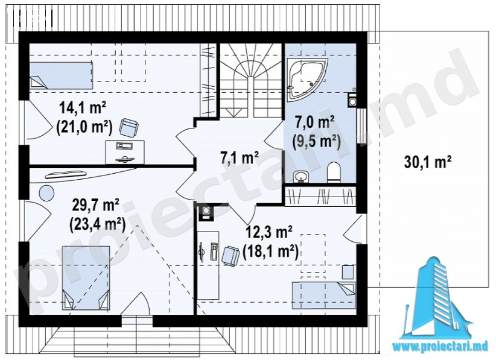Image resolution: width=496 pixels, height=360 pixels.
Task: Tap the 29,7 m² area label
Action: pyautogui.click(x=95, y=206)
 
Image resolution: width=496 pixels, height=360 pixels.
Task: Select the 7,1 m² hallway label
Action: pyautogui.click(x=240, y=158)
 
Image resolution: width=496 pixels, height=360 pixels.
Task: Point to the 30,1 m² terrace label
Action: pyautogui.click(x=427, y=163)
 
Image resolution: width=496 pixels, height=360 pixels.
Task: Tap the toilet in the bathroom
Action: pyautogui.click(x=334, y=172)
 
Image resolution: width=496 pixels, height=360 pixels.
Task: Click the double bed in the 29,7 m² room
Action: pyautogui.click(x=86, y=278)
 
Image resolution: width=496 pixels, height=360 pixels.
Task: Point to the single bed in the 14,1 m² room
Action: pyautogui.click(x=61, y=75)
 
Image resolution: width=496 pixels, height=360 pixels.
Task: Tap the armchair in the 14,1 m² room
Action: pyautogui.click(x=129, y=128)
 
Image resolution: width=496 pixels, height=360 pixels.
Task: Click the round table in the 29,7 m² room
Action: pyautogui.click(x=46, y=192)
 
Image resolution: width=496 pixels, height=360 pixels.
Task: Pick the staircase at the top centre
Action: pyautogui.click(x=251, y=81)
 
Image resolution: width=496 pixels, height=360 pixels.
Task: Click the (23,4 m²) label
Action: pyautogui.click(x=97, y=225)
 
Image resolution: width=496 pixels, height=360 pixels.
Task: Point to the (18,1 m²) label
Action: pyautogui.click(x=271, y=252)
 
